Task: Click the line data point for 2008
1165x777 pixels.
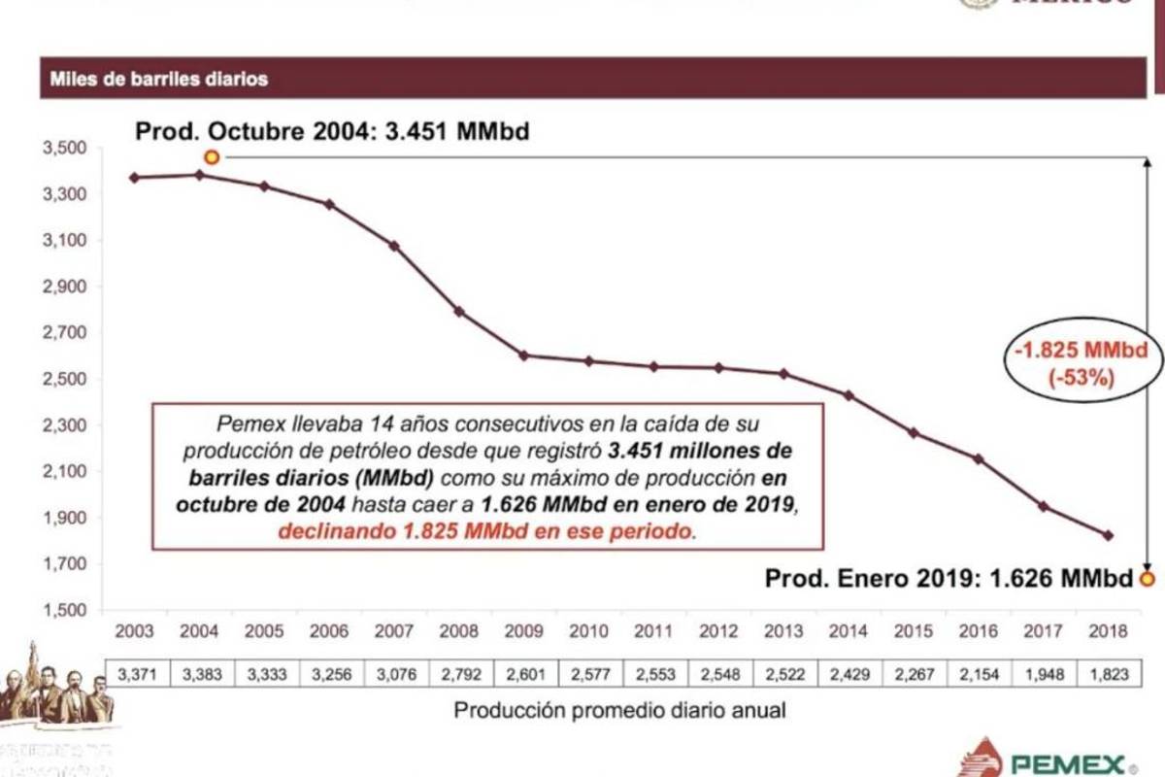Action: click(459, 312)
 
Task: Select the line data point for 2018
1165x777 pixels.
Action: click(1108, 535)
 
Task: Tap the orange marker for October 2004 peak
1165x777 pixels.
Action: click(211, 157)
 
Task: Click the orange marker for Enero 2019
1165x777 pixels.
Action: click(1148, 580)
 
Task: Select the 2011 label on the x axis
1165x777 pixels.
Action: click(653, 631)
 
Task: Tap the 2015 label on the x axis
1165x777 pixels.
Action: click(913, 631)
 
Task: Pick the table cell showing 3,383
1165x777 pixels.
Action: click(200, 674)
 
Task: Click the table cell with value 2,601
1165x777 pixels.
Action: click(524, 674)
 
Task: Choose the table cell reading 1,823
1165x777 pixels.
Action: click(1108, 674)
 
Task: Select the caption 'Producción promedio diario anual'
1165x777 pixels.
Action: click(619, 710)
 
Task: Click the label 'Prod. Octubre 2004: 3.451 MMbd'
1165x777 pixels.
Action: click(332, 131)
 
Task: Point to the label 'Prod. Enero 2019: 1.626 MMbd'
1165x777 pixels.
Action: click(949, 579)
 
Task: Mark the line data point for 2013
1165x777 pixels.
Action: click(783, 374)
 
